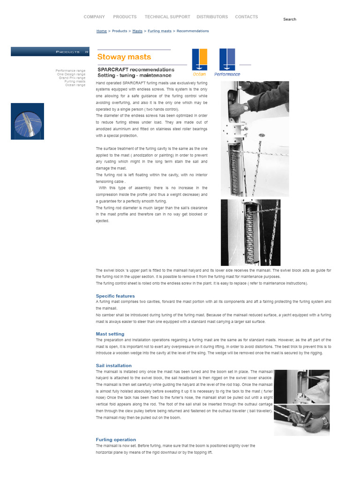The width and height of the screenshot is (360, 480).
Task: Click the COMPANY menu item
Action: [x=94, y=17]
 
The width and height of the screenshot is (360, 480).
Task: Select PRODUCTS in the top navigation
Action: [x=125, y=17]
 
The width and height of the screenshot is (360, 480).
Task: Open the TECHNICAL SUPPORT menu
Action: [x=167, y=17]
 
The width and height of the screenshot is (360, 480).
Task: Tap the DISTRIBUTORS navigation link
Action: [x=212, y=17]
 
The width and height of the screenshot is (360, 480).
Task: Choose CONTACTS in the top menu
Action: [x=246, y=17]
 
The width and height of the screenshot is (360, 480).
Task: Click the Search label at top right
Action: [x=290, y=19]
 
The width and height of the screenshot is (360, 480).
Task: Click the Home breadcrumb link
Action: [x=101, y=31]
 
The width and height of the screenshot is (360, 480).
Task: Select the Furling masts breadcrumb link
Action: [x=159, y=31]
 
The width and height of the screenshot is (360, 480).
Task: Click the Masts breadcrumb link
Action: [x=137, y=31]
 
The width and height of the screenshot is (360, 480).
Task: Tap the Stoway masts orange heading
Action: [x=124, y=57]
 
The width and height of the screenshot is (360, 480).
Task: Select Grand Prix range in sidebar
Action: [x=72, y=78]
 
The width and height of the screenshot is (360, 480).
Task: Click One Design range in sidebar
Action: [x=71, y=74]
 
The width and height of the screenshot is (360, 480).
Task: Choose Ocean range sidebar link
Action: [x=75, y=85]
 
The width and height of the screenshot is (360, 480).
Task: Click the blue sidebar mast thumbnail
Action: [x=27, y=121]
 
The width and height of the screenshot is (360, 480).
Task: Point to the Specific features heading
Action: [x=115, y=296]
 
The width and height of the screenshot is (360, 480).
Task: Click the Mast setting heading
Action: [x=110, y=334]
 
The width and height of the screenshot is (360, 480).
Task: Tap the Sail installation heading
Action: [x=113, y=366]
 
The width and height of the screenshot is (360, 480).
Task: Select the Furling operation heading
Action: [x=116, y=440]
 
